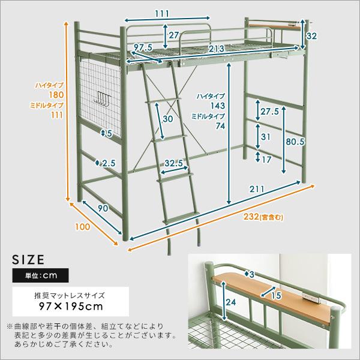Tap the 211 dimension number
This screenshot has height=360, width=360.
point(257,190)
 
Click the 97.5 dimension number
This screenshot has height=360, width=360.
point(143,48)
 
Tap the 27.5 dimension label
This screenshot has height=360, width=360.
point(270,111)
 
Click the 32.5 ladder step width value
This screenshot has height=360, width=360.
point(173,163)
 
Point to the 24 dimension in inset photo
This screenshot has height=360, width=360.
point(232,302)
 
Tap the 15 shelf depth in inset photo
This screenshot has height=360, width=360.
point(276,295)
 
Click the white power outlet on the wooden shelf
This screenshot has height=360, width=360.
point(311,298)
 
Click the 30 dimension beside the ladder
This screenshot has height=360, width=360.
point(167,119)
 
